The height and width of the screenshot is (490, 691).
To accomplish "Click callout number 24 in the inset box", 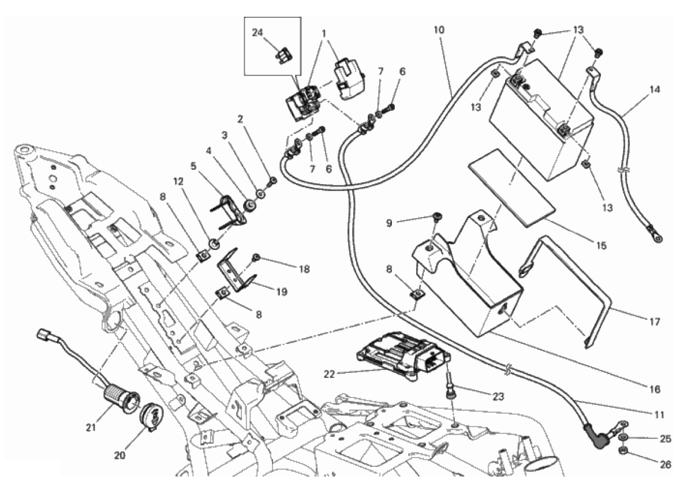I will pyautogui.click(x=257, y=32).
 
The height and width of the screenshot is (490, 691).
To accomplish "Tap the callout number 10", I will pyautogui.click(x=439, y=28).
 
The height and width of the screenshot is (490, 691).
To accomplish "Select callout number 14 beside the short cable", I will pyautogui.click(x=654, y=89).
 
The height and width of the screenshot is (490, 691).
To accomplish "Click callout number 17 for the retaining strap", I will pyautogui.click(x=655, y=321).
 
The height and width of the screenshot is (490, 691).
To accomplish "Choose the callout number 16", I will pyautogui.click(x=655, y=390).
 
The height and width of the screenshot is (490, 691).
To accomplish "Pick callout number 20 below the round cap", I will pyautogui.click(x=119, y=454).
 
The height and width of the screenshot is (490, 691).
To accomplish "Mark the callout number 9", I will pyautogui.click(x=405, y=222).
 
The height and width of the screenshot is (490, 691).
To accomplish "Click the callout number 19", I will pyautogui.click(x=282, y=292).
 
